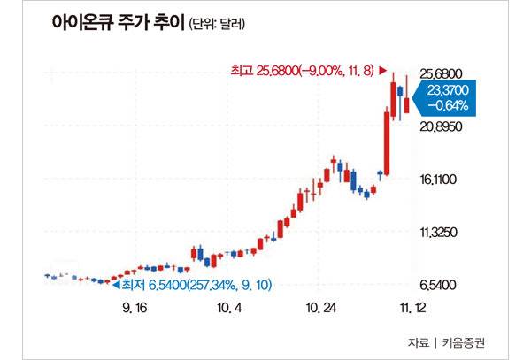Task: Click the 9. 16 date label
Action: (x=135, y=309)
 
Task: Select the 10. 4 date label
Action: (x=228, y=309)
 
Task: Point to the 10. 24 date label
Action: (x=320, y=309)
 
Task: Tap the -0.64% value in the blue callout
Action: (x=449, y=105)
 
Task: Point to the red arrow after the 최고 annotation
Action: (x=382, y=69)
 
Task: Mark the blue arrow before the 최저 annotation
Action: (x=115, y=284)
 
